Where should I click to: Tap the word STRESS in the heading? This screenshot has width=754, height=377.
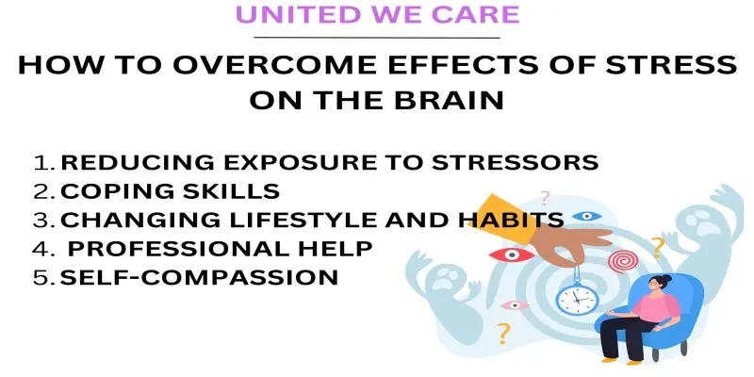pyautogui.click(x=671, y=65)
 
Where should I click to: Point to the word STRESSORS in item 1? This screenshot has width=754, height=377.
pyautogui.click(x=515, y=162)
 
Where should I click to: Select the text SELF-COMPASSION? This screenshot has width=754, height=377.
pyautogui.click(x=199, y=277)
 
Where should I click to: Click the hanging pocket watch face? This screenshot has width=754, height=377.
pyautogui.click(x=576, y=299)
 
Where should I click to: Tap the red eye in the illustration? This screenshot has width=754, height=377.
pyautogui.click(x=511, y=254)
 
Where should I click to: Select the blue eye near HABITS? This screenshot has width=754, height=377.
pyautogui.click(x=586, y=216)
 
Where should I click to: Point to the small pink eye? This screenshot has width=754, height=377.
pyautogui.click(x=515, y=304)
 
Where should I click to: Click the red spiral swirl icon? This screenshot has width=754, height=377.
pyautogui.click(x=623, y=260)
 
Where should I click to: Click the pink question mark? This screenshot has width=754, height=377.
pyautogui.click(x=545, y=198)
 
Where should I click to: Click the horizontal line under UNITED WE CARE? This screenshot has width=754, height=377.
pyautogui.click(x=376, y=38)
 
